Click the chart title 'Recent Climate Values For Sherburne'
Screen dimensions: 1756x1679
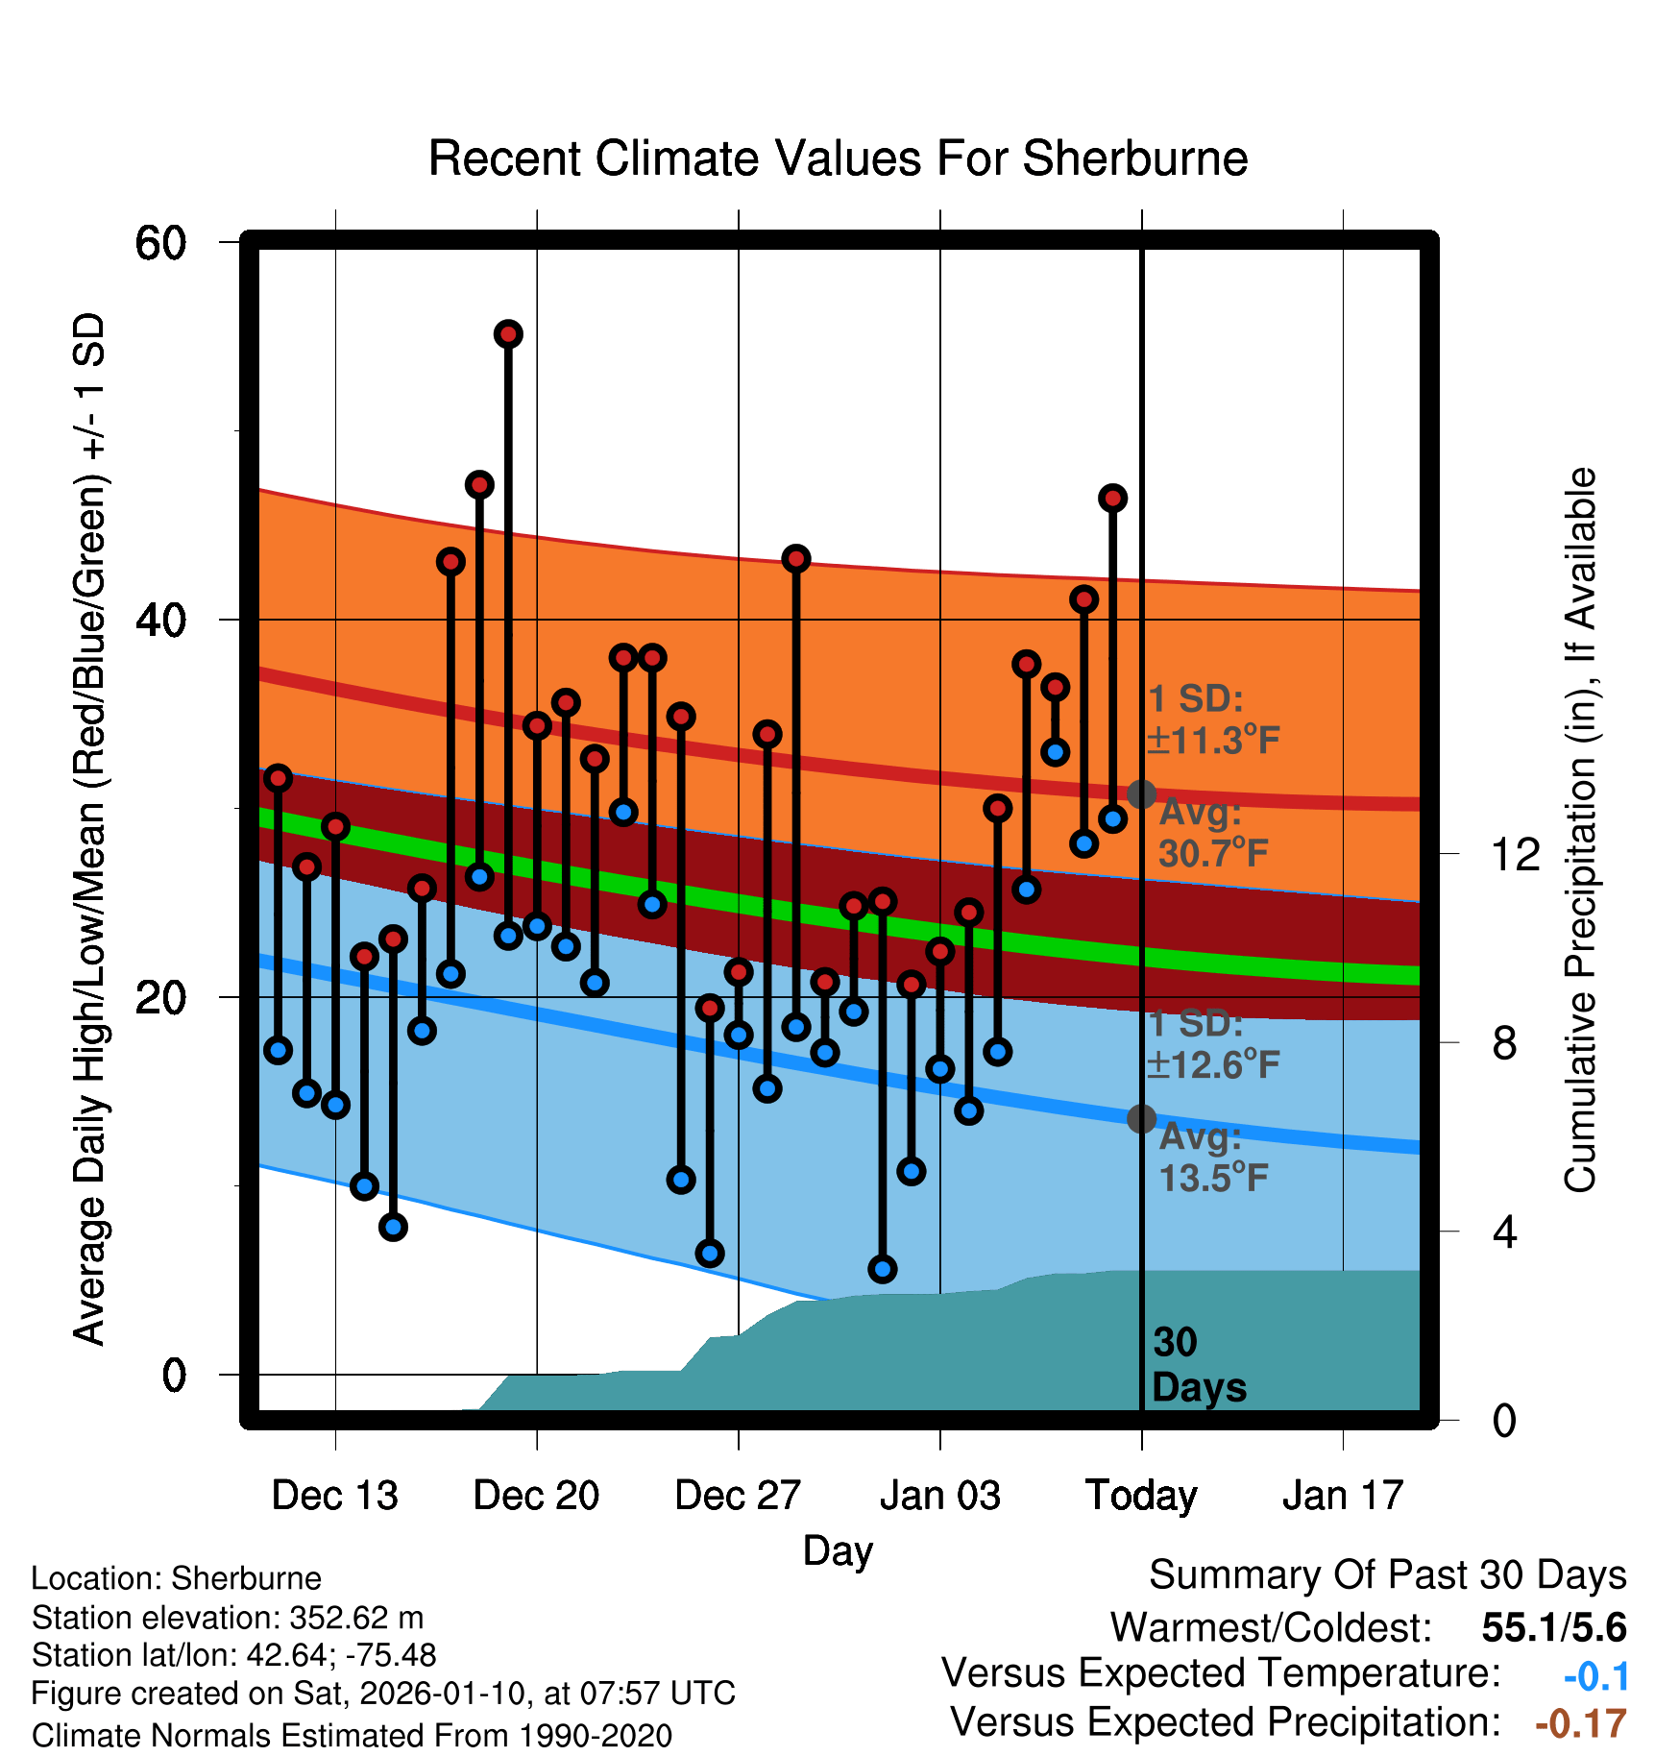click(838, 159)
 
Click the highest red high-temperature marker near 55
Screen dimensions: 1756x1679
click(508, 334)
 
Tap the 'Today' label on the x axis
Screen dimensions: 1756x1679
click(1141, 1496)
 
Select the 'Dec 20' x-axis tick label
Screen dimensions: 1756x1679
click(536, 1496)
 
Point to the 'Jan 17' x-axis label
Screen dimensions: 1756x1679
click(1343, 1496)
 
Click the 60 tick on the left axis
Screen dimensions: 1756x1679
click(160, 243)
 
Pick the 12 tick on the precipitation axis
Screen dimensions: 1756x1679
click(1515, 854)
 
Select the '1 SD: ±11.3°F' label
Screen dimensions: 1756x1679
click(1213, 719)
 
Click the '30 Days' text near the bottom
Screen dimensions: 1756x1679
click(1198, 1365)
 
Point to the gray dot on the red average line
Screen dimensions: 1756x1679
click(1141, 794)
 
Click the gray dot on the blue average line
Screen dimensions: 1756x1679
click(1141, 1118)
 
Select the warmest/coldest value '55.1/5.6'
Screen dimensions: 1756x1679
click(1553, 1627)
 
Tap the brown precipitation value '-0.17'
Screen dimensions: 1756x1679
click(1580, 1723)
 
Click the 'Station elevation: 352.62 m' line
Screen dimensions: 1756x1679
click(228, 1618)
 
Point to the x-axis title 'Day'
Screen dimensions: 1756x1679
click(838, 1550)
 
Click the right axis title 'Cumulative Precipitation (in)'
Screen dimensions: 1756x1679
click(1580, 830)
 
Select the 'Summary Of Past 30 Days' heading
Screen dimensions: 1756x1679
click(1387, 1575)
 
